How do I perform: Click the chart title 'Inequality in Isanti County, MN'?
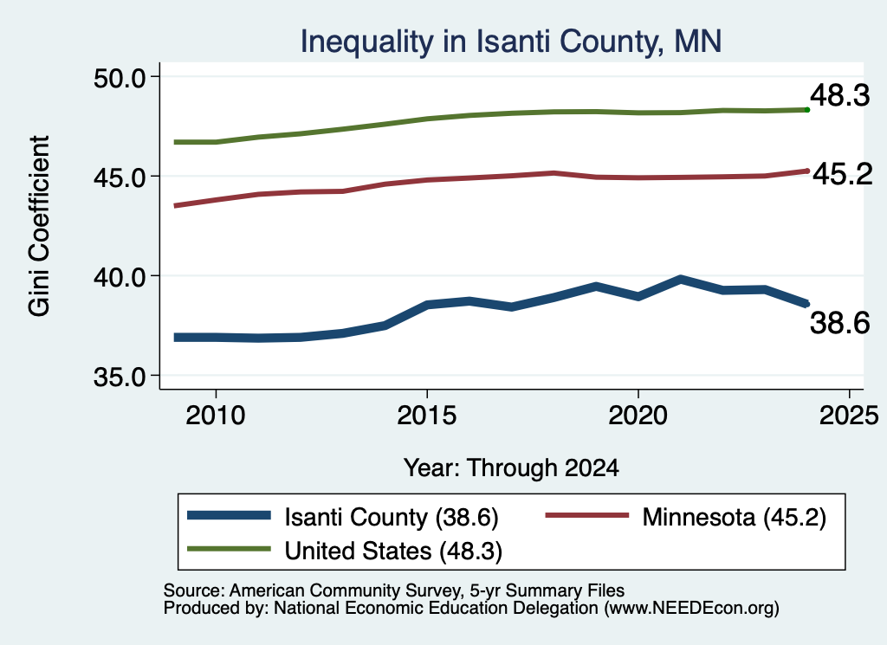(x=510, y=42)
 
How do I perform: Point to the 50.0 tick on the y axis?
(x=120, y=78)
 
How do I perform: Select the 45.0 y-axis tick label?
(x=120, y=177)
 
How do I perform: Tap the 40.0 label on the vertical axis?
(x=120, y=277)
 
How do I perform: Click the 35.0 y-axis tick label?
(x=120, y=377)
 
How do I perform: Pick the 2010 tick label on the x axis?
(x=216, y=416)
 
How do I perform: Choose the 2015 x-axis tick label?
(x=426, y=416)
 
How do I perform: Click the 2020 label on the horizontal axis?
(x=638, y=416)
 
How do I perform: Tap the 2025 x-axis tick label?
(x=849, y=416)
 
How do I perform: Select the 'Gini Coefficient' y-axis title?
(x=39, y=226)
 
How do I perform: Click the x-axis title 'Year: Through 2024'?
(x=511, y=468)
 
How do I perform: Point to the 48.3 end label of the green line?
(x=840, y=95)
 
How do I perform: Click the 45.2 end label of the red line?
(x=843, y=174)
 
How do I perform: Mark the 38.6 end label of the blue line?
(x=840, y=323)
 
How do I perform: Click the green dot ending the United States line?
(x=807, y=110)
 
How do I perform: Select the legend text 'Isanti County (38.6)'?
(x=392, y=517)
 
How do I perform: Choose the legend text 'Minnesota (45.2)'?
(x=735, y=517)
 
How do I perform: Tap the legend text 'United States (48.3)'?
(x=394, y=551)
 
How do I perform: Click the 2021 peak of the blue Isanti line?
(x=681, y=280)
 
